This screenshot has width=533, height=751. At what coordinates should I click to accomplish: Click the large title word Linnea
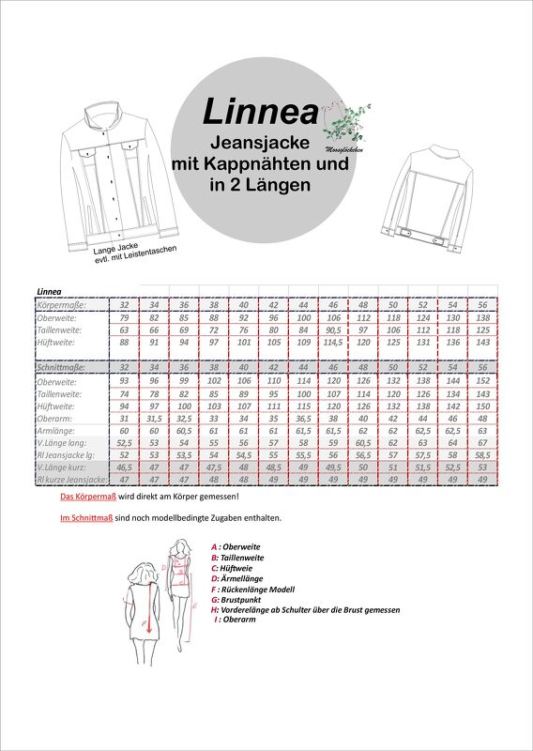point(260,112)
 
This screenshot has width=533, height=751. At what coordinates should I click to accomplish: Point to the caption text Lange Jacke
point(115,247)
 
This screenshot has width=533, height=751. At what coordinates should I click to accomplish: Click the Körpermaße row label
point(61,305)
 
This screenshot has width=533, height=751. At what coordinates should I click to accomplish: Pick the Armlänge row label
point(56,429)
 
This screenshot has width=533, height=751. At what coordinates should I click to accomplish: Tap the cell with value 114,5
point(333,343)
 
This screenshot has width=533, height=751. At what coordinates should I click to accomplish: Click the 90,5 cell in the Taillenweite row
point(333,330)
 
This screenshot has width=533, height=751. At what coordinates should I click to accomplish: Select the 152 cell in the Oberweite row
point(481,381)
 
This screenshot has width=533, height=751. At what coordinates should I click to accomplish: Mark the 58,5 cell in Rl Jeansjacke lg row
point(481,453)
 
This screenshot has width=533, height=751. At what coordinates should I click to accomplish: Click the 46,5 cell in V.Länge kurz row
point(125,467)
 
